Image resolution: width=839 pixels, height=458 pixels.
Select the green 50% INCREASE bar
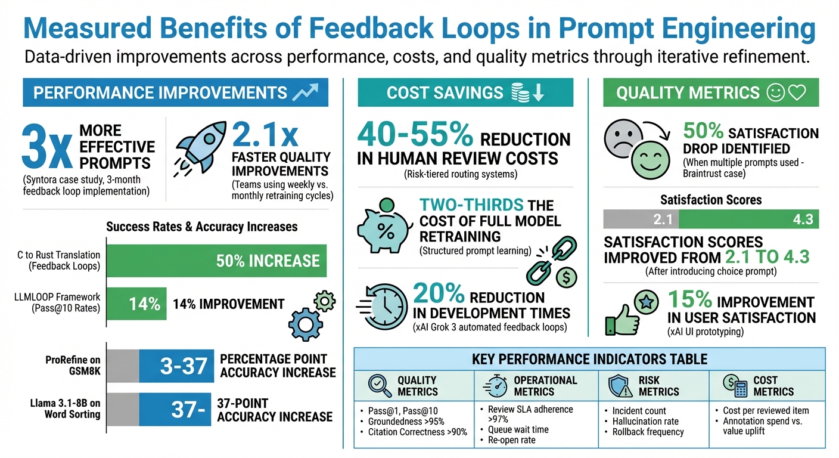pyautogui.click(x=217, y=261)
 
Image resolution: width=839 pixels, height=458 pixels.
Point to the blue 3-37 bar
pyautogui.click(x=176, y=365)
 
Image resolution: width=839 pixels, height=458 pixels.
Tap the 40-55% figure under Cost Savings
pyautogui.click(x=415, y=137)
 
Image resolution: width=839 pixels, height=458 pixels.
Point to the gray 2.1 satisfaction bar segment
pyautogui.click(x=641, y=219)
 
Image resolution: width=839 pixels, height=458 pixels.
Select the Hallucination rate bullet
pyautogui.click(x=645, y=421)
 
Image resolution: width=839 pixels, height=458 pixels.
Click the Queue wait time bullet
pyautogui.click(x=518, y=429)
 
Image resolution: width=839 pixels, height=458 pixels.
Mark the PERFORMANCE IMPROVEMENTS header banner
pyautogui.click(x=175, y=92)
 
